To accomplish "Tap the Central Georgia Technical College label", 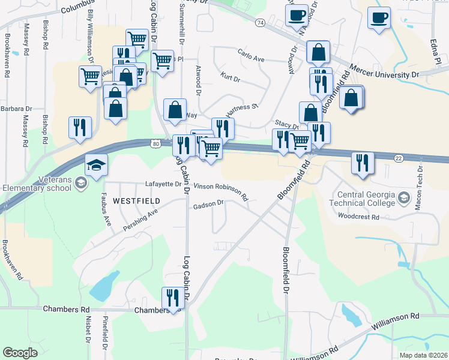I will click(366, 199).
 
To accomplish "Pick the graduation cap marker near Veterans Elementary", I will click(95, 165).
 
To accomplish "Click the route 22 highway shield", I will click(399, 157).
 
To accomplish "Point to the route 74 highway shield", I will click(259, 23).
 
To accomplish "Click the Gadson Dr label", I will click(208, 205).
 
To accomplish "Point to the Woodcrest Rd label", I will click(358, 215).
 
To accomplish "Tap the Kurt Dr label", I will click(231, 79).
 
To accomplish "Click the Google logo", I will click(20, 353).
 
